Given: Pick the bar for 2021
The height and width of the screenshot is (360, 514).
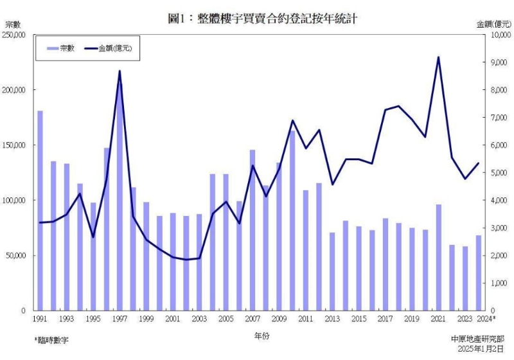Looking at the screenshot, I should click(438, 257).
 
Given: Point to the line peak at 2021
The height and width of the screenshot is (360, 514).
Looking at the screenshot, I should click(438, 57).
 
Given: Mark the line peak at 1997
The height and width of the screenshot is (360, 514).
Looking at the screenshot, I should click(120, 71).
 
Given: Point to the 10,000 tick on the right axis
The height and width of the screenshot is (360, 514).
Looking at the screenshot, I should click(500, 35).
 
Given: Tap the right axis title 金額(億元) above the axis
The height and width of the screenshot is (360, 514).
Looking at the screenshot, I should click(493, 24).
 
